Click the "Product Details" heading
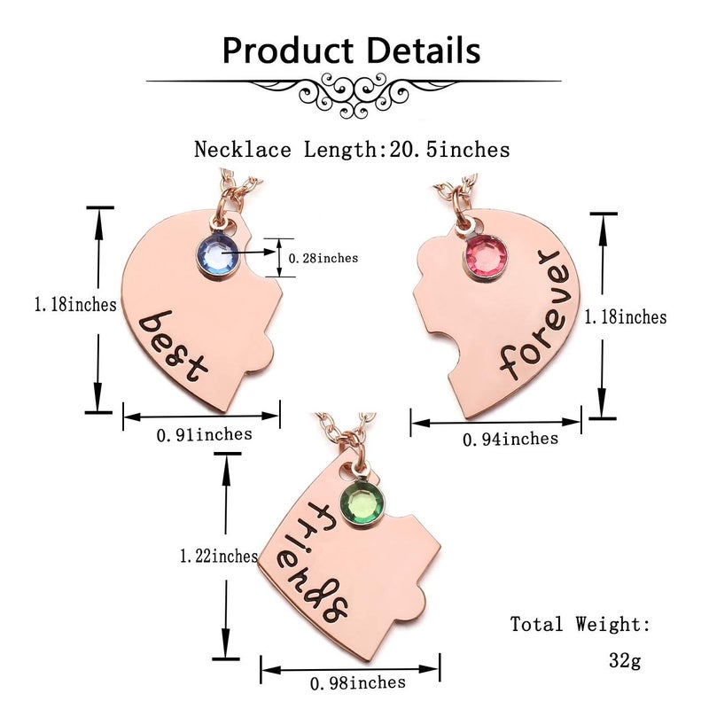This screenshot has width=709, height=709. (x=351, y=51)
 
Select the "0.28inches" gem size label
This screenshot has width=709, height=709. (x=323, y=258)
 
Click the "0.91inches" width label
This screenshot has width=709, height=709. (x=204, y=434)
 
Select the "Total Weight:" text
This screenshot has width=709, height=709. (x=580, y=625)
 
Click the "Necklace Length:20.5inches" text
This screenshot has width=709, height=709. (x=352, y=149)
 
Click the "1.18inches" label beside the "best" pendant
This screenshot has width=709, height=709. (x=75, y=305)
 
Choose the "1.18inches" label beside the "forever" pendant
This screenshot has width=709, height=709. (x=626, y=316)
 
